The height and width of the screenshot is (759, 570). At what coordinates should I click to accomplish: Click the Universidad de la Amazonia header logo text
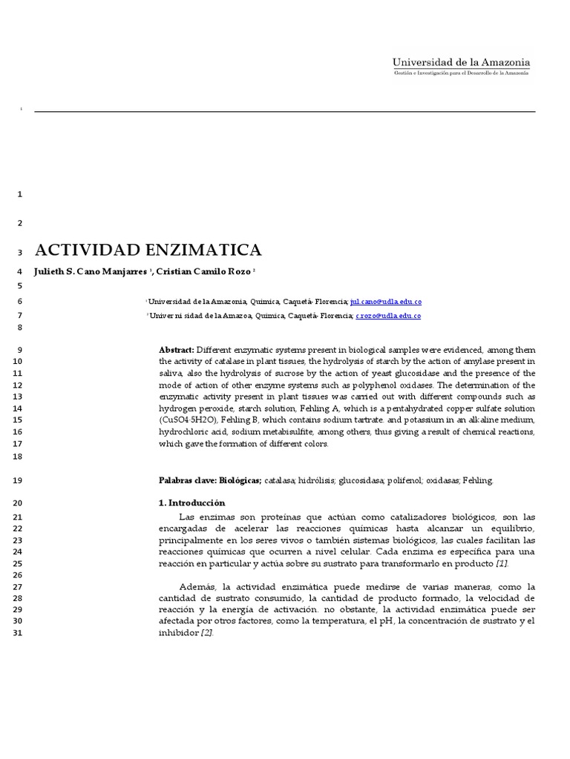click(x=461, y=63)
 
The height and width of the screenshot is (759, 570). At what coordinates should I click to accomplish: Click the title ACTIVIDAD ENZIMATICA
click(x=148, y=250)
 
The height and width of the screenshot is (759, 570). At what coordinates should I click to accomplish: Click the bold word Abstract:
click(x=177, y=350)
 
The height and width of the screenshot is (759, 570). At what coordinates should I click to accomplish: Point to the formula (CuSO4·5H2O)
click(x=189, y=420)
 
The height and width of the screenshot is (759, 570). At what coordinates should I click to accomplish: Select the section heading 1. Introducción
click(x=191, y=503)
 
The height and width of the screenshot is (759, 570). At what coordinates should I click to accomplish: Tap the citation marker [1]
click(x=502, y=564)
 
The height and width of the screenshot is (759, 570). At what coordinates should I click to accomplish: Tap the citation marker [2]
click(x=206, y=633)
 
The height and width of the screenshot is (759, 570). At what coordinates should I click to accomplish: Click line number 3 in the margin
click(x=19, y=253)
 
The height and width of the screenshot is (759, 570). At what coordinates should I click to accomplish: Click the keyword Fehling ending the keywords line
click(x=477, y=480)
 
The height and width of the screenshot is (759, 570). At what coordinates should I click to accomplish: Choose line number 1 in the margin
click(x=19, y=194)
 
